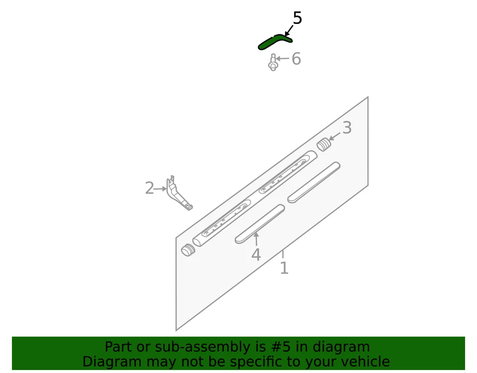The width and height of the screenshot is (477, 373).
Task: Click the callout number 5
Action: click(297, 18)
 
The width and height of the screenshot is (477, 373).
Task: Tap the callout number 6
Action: click(296, 59)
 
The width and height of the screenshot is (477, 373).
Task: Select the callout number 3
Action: click(347, 128)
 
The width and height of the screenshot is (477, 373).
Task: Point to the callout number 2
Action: click(149, 188)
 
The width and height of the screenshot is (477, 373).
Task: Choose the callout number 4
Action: click(256, 255)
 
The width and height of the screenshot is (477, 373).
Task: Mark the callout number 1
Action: click(284, 268)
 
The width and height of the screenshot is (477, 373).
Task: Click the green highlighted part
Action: click(274, 41)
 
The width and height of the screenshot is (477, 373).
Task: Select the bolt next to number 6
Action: click(273, 63)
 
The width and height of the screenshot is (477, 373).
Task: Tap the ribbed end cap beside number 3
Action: click(323, 144)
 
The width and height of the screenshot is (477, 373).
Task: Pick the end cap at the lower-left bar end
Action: click(187, 250)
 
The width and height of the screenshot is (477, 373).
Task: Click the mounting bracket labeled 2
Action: click(177, 194)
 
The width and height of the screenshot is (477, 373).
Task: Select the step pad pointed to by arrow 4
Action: click(260, 224)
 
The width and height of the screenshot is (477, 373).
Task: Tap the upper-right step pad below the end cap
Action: click(314, 182)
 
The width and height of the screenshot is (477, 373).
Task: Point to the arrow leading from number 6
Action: click(283, 59)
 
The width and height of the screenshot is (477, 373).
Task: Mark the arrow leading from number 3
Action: click(334, 135)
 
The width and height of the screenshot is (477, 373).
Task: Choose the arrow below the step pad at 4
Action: click(256, 240)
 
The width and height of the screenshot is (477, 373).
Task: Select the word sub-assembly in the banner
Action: click(191, 347)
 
